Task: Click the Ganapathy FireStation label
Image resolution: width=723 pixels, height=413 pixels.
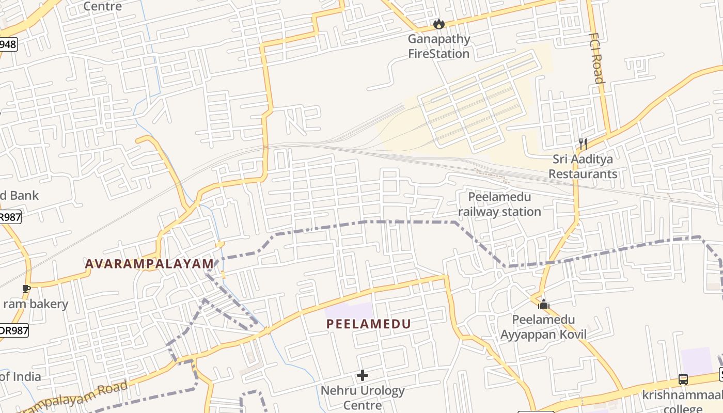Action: [x=439, y=46]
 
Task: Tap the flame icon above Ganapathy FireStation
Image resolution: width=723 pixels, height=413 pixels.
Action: [x=439, y=24]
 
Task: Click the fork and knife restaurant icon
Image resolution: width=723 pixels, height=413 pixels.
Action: [x=583, y=144]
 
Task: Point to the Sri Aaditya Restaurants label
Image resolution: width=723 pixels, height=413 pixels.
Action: [x=583, y=167]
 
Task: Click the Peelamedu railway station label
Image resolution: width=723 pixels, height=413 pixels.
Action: [x=499, y=204]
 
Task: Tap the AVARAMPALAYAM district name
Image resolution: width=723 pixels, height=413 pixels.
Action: [x=149, y=264]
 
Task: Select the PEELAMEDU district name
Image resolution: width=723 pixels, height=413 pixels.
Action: [x=369, y=324]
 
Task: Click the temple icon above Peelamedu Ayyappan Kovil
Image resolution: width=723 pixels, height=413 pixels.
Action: [x=543, y=304]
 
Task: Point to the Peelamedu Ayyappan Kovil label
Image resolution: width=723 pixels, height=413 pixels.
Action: [x=543, y=327]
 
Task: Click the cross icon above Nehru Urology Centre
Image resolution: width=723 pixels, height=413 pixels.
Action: [x=363, y=375]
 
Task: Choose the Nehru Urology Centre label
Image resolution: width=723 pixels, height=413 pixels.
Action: [x=363, y=398]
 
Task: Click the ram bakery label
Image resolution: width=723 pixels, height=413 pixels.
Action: [x=36, y=304]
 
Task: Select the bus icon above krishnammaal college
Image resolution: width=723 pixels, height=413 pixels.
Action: [x=683, y=379]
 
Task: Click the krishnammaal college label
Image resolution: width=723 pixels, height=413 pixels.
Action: [x=682, y=402]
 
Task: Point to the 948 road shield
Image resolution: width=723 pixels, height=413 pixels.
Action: [x=8, y=44]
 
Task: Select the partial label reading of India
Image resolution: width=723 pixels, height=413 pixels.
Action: [x=21, y=377]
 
